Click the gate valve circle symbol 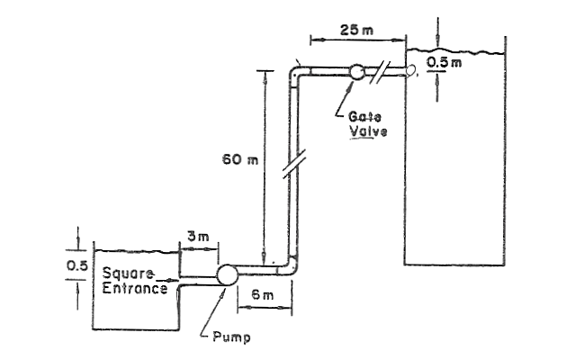[356, 71]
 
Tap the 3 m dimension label [198, 236]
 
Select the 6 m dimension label [260, 295]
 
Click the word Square [126, 274]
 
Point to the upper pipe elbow [296, 72]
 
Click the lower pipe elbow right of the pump [292, 267]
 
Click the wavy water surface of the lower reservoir [135, 249]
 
